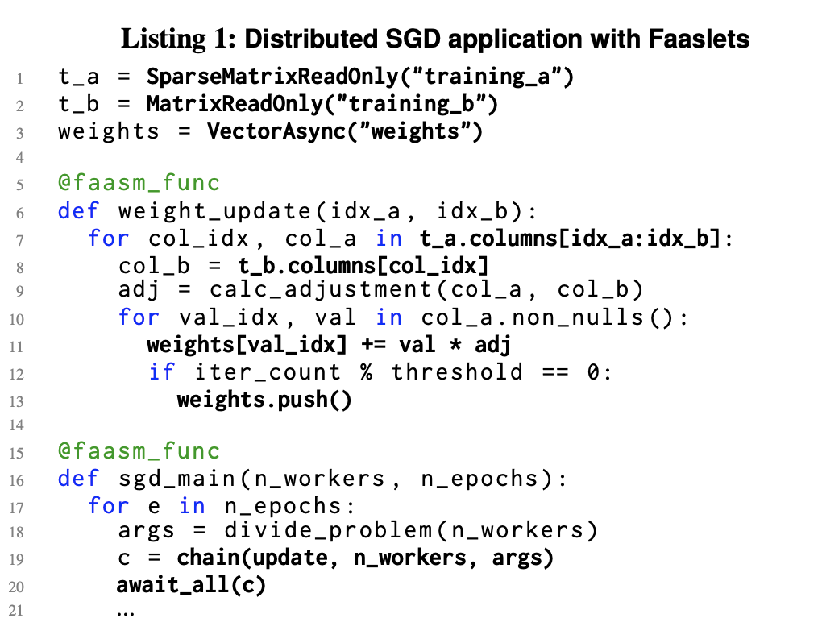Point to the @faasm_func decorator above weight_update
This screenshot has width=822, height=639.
point(139,184)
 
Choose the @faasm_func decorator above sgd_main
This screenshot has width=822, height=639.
point(139,451)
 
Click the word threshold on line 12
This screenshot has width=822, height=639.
point(457,371)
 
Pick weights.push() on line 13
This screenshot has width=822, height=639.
point(264,399)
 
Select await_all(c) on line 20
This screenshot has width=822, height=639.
point(191,585)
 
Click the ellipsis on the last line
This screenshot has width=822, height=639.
point(126,612)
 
